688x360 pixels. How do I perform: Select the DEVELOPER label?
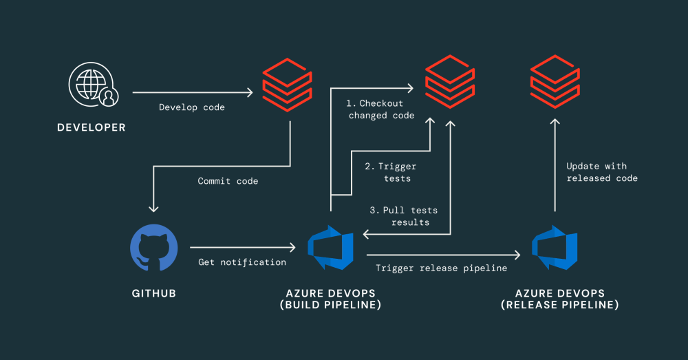(92, 127)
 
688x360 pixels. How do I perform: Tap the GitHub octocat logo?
(154, 247)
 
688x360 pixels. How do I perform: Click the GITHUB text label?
(154, 293)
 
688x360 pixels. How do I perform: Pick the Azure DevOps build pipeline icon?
(330, 247)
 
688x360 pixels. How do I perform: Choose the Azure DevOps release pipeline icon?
(555, 247)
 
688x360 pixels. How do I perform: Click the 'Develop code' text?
(192, 107)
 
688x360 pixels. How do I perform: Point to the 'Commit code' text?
(228, 181)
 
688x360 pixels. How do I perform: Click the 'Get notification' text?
(242, 262)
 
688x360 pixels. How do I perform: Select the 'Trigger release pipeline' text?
(441, 268)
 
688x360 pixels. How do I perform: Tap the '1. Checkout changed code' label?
(380, 109)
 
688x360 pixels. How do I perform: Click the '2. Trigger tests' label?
(391, 173)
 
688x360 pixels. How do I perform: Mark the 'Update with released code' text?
(601, 172)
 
